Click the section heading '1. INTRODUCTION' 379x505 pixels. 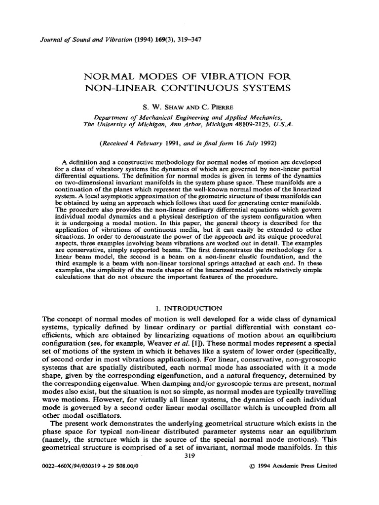tap(189, 309)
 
